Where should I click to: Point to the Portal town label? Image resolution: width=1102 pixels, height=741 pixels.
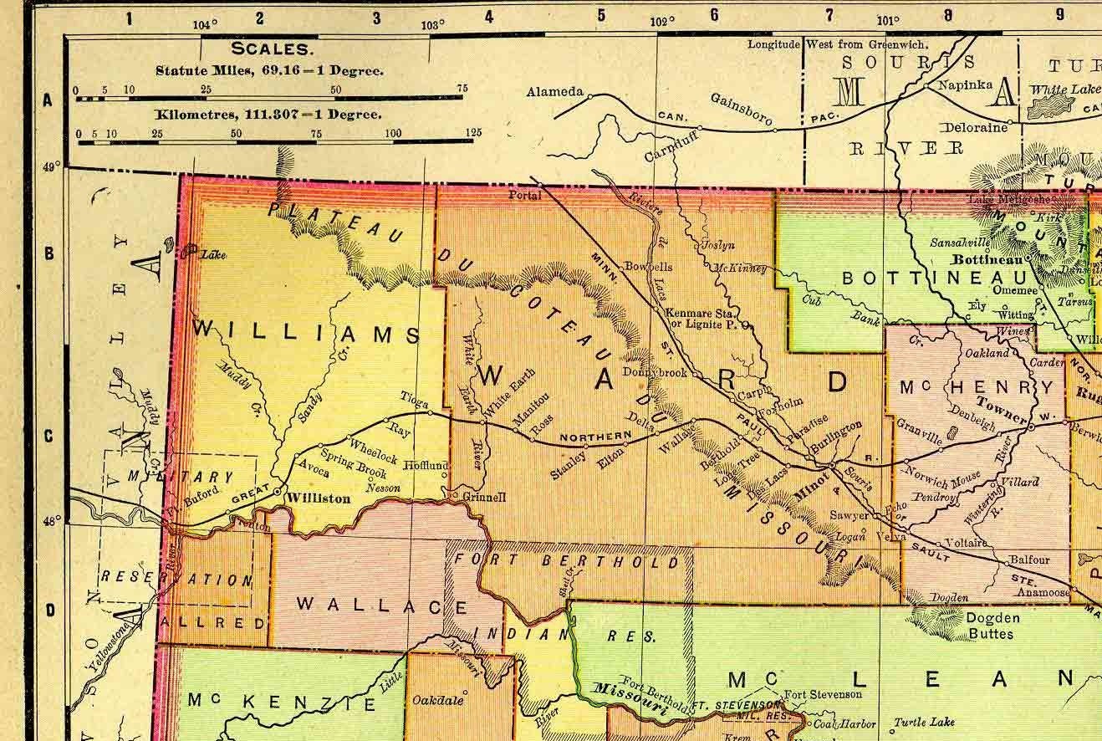click(x=525, y=195)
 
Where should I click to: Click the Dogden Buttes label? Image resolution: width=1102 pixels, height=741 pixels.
click(x=970, y=626)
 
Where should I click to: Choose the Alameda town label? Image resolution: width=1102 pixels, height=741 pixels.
click(x=554, y=93)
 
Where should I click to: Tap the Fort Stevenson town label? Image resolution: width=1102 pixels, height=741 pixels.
click(x=823, y=694)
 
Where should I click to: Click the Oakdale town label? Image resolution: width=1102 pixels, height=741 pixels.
click(x=438, y=701)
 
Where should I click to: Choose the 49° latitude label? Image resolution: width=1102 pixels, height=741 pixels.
click(x=52, y=168)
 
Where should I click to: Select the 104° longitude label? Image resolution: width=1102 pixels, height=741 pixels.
click(x=205, y=24)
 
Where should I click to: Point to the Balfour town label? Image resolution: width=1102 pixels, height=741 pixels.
click(x=1028, y=560)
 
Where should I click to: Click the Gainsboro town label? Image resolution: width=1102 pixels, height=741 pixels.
click(x=741, y=110)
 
